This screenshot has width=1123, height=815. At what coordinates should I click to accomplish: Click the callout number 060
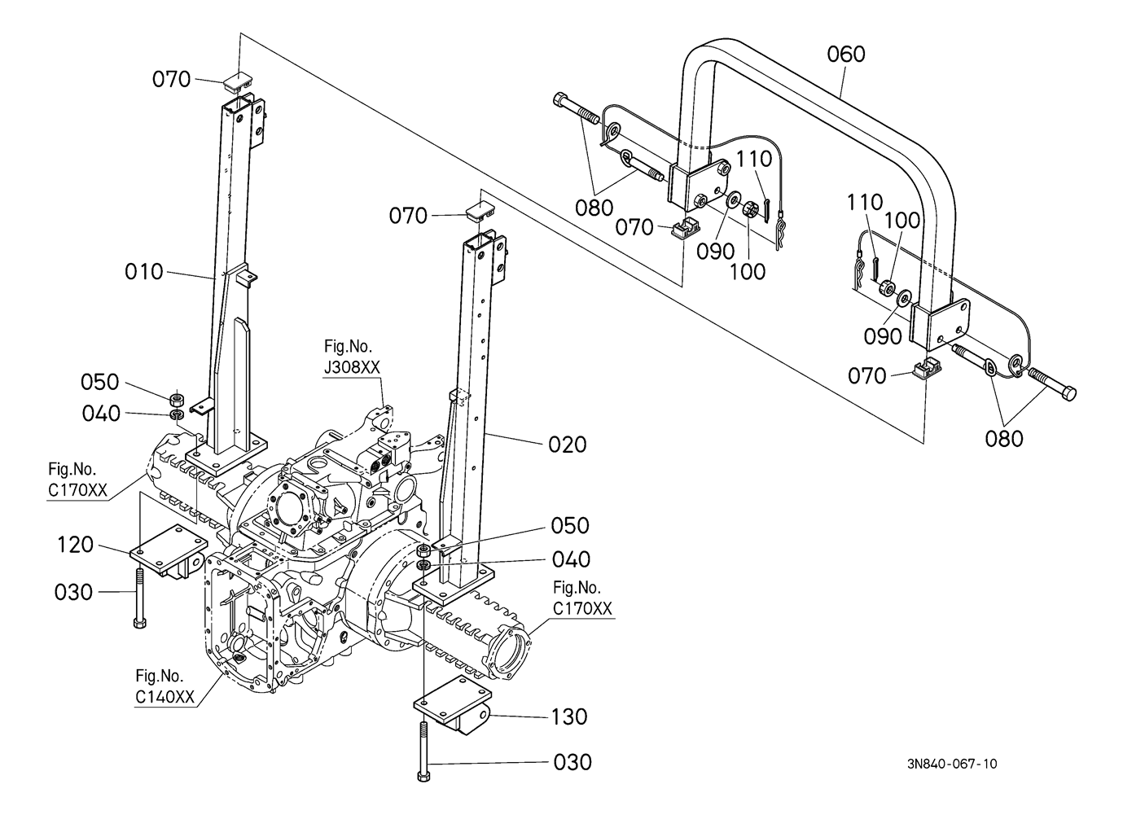[x=846, y=55]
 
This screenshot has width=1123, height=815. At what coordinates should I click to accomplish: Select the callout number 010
[x=144, y=272]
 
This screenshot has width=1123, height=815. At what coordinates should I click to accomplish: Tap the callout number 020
[x=567, y=445]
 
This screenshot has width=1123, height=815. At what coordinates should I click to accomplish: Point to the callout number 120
[x=76, y=545]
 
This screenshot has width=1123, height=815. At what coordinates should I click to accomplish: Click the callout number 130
[x=568, y=717]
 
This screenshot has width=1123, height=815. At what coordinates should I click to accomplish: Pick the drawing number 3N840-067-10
[x=951, y=764]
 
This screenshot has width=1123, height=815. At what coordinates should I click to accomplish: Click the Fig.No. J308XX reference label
[x=351, y=358]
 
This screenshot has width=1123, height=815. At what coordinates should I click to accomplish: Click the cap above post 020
[x=480, y=211]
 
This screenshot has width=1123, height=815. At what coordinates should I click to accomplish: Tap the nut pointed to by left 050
[x=175, y=399]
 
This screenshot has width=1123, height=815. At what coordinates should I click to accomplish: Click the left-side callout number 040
[x=101, y=414]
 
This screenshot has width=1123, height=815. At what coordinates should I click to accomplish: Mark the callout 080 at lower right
[x=1003, y=439]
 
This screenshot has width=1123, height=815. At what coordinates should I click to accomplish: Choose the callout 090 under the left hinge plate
[x=716, y=252]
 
